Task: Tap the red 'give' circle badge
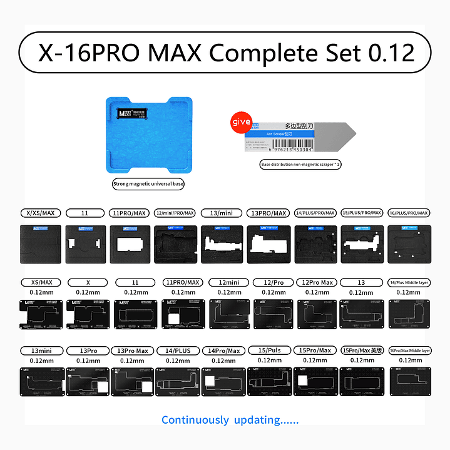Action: [242, 121]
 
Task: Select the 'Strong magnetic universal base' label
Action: [148, 184]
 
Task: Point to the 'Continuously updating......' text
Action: [230, 419]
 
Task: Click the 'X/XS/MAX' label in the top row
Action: [38, 213]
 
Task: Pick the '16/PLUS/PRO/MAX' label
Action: [408, 213]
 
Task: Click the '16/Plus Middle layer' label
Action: [408, 282]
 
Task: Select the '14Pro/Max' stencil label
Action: [225, 350]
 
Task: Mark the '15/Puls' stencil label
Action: [270, 350]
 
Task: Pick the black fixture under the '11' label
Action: [86, 243]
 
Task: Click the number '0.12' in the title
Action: [391, 53]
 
